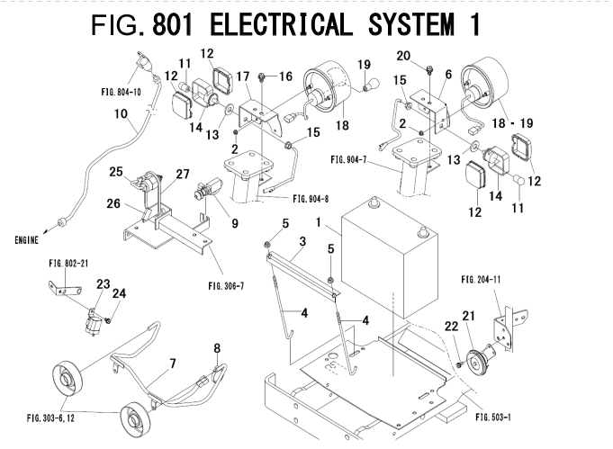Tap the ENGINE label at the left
tap(29, 240)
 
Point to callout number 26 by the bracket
tap(113, 202)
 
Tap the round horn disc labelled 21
tap(478, 361)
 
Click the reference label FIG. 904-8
tap(290, 199)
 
